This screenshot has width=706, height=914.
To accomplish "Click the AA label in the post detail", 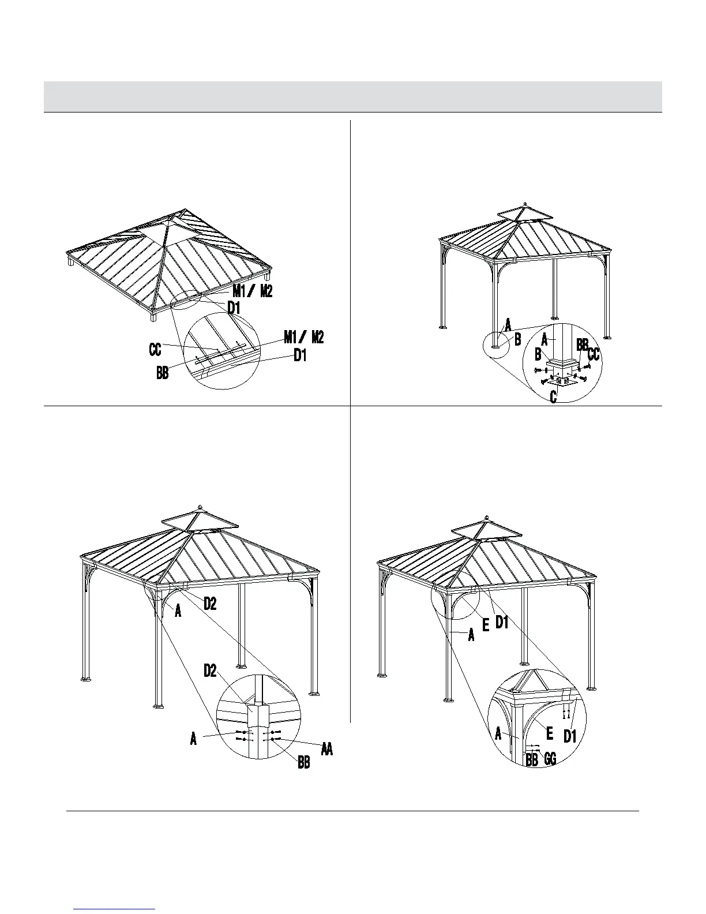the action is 327,749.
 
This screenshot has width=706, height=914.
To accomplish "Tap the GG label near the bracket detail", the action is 550,759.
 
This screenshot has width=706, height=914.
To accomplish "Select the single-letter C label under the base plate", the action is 553,398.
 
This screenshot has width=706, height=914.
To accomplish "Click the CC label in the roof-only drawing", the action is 155,349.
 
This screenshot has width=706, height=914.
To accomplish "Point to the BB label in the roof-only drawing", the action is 163,373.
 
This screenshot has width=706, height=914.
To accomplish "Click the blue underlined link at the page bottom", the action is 115,910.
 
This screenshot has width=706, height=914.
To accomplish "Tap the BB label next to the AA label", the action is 304,763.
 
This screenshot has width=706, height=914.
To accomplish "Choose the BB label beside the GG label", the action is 532,759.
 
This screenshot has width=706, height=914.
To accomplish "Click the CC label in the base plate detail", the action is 594,355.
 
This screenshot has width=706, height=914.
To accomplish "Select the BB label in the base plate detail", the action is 582,344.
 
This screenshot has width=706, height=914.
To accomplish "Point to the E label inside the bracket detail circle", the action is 550,733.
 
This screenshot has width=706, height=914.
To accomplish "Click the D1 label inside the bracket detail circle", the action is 570,736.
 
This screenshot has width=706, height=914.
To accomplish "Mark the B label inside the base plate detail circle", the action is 538,353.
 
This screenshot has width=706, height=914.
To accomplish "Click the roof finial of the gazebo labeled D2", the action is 200,507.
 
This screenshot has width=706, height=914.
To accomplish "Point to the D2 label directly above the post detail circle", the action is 211,670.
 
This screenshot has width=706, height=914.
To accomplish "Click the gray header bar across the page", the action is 353,96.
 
